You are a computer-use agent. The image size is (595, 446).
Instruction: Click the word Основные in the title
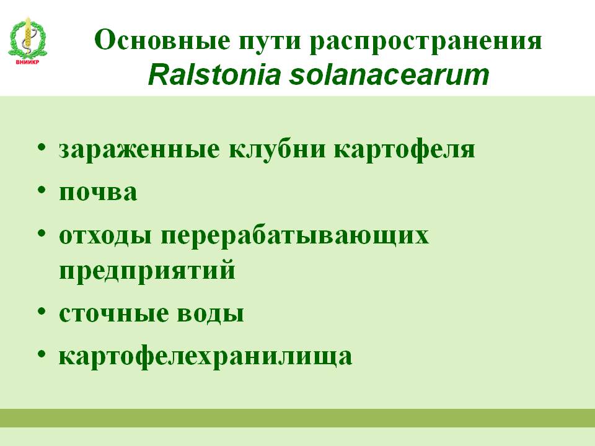[162, 40]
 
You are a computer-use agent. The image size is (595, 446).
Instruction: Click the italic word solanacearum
[389, 75]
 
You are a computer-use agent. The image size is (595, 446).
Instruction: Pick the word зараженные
[139, 149]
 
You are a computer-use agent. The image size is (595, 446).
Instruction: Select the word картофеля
[405, 150]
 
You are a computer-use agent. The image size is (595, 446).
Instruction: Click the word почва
[98, 192]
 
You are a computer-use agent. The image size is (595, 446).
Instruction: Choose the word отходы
[105, 235]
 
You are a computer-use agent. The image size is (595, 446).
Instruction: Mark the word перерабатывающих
[295, 236]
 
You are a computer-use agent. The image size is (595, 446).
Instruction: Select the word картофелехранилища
[205, 357]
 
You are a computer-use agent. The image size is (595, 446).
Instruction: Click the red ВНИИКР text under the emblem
[27, 63]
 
